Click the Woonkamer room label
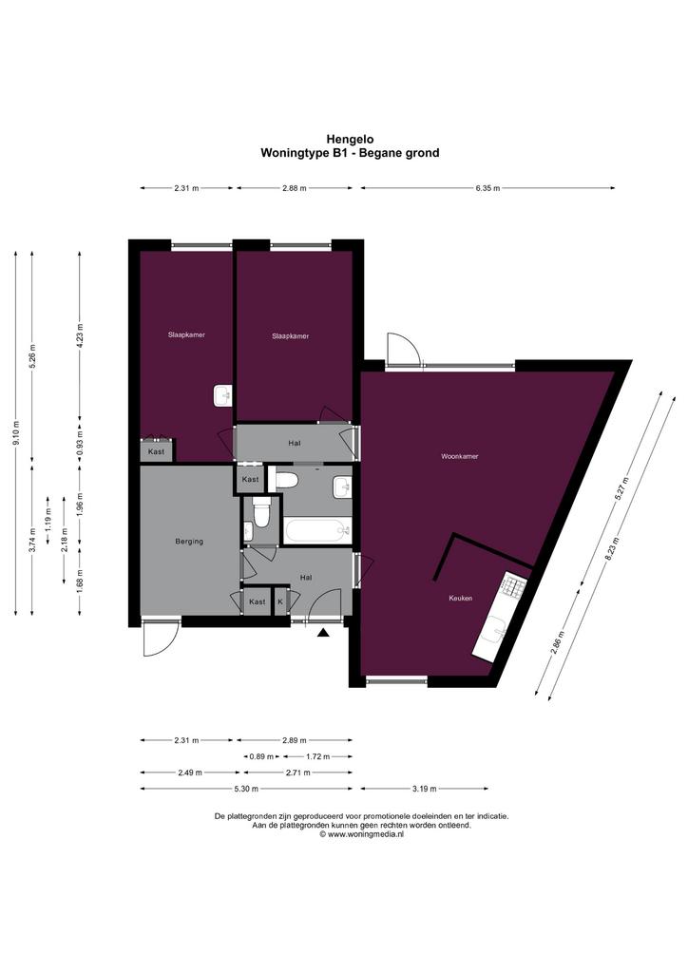click(460, 456)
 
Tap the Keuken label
click(461, 599)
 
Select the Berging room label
click(189, 541)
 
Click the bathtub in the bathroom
click(317, 530)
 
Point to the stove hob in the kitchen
click(514, 584)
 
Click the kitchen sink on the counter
click(496, 632)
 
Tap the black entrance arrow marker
click(322, 632)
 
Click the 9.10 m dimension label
click(16, 432)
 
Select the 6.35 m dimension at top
click(487, 188)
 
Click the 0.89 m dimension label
click(260, 756)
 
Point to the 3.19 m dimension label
click(425, 789)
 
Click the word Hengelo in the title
click(350, 140)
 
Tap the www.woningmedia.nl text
click(362, 834)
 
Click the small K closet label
click(280, 601)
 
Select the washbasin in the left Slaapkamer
click(222, 396)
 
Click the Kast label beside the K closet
click(257, 601)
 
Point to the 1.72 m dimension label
click(317, 756)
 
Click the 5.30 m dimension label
click(246, 789)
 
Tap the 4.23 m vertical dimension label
click(80, 334)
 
